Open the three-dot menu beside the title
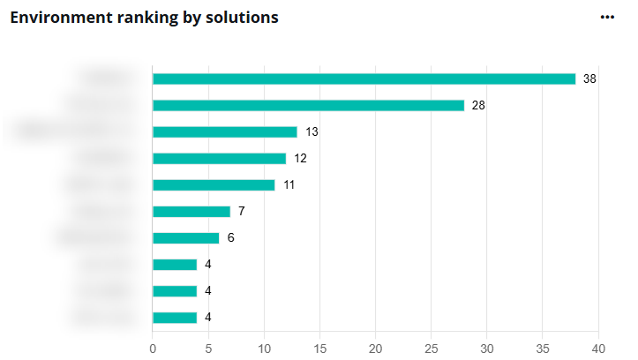click(x=607, y=17)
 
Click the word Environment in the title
click(x=54, y=18)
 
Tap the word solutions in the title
click(x=241, y=18)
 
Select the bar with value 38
click(x=364, y=79)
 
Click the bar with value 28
click(x=308, y=105)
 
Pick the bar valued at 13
click(x=225, y=131)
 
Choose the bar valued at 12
click(x=220, y=158)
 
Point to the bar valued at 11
click(x=214, y=184)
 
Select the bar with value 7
click(x=191, y=211)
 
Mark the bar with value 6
click(x=186, y=237)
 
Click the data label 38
click(x=590, y=79)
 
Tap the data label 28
click(x=479, y=105)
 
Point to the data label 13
click(x=311, y=131)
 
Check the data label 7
click(x=241, y=211)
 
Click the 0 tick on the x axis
click(x=153, y=348)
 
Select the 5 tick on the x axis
click(x=208, y=348)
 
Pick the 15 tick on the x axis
click(x=319, y=348)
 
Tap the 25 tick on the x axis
click(x=432, y=348)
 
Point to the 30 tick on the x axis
click(x=487, y=348)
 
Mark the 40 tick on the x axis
click(x=598, y=348)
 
